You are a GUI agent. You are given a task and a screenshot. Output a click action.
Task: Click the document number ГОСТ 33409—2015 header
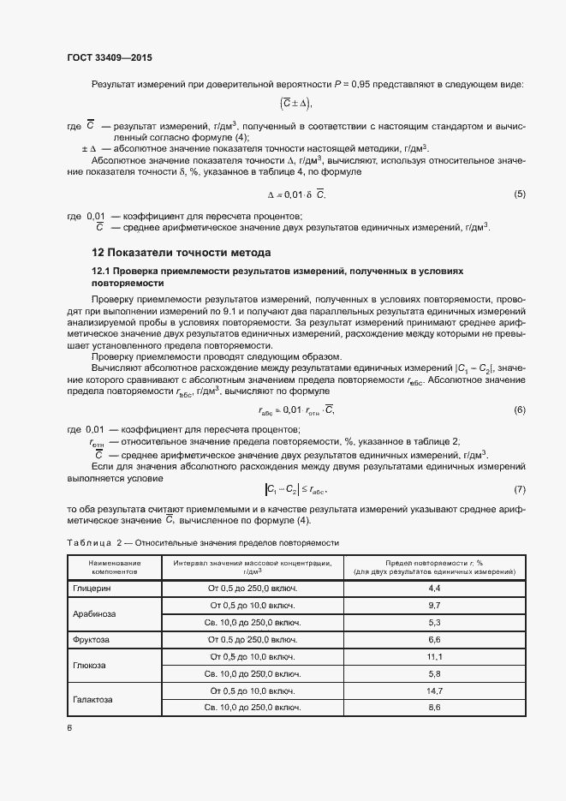pos(110,58)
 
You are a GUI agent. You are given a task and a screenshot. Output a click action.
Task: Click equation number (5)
pos(519,194)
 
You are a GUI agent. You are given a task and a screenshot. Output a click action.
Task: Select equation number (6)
pos(519,410)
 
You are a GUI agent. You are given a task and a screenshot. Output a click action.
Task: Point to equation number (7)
pos(519,489)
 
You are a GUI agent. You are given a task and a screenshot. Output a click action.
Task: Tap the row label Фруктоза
pos(92,640)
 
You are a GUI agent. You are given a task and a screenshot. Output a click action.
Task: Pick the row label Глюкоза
pos(90,665)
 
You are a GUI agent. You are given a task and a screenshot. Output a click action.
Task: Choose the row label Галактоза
pos(93,699)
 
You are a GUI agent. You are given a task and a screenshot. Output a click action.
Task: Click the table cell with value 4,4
pos(434,589)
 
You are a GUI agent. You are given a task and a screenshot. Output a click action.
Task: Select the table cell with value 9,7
pos(434,606)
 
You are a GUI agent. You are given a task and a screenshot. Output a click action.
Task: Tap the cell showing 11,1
pos(434,657)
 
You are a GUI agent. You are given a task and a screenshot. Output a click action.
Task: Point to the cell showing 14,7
pos(434,690)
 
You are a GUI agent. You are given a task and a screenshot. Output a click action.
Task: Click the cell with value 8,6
pos(434,708)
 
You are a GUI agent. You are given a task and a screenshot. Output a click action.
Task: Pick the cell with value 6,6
pos(434,640)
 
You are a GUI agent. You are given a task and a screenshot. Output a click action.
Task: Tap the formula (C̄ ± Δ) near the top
pos(296,104)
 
